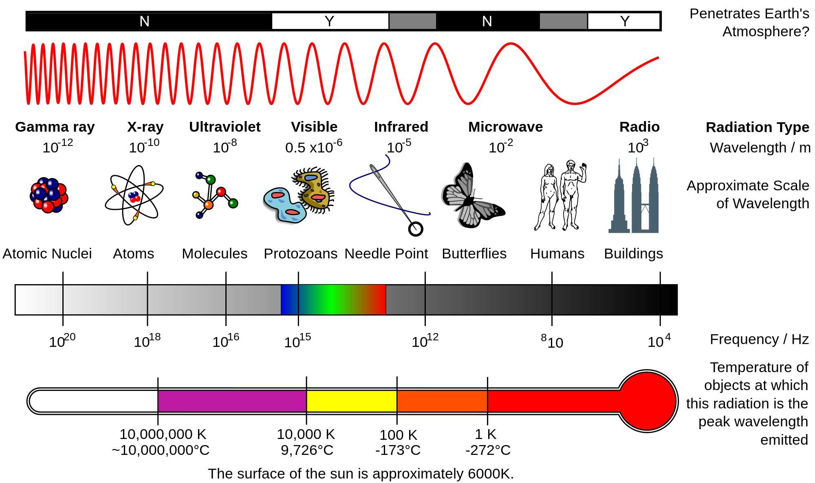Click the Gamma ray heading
coord(55,127)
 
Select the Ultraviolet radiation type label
coord(225,127)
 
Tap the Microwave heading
coord(505,127)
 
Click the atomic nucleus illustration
coord(49,195)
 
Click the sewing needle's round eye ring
coord(416,229)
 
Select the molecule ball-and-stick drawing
coord(214,195)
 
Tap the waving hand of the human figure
coord(584,166)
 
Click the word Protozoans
coord(300,254)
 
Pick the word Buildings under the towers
coord(633,254)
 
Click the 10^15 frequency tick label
coord(297,341)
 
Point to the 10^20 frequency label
coord(62,341)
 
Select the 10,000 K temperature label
coord(306,434)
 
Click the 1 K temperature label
coord(486,434)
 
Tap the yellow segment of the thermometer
coord(351,401)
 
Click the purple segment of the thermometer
coord(232,401)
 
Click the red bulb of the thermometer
coord(648,401)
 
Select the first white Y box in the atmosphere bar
coord(330,21)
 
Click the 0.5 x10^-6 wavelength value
coord(313,147)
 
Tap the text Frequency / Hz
coord(759,339)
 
